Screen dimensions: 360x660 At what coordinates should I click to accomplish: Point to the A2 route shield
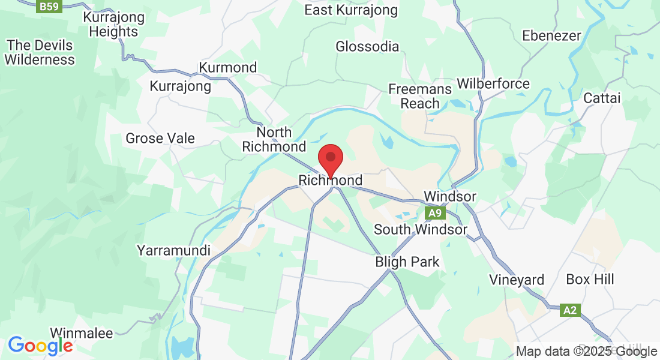pos(571,310)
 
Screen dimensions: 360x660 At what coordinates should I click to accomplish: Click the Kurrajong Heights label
pos(114,24)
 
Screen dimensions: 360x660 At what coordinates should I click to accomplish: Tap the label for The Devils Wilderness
pos(40,53)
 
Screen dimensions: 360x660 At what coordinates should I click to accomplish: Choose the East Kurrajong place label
pos(351,10)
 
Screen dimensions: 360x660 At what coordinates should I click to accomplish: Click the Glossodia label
pos(367,47)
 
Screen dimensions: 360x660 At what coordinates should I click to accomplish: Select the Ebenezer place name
pos(551,36)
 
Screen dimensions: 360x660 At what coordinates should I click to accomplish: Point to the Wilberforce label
pos(493,83)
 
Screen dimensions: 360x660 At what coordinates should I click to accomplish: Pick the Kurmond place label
pos(228,67)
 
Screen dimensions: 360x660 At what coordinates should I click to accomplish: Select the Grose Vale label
pos(160,139)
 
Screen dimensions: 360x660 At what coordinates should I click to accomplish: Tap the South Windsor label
pos(420,229)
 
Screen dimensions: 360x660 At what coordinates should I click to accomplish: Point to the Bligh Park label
pos(407,262)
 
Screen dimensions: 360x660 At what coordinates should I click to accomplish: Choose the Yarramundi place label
pos(174,250)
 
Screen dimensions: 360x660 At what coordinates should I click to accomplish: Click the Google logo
pos(40,346)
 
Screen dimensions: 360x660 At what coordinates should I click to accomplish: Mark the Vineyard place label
pos(517,280)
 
